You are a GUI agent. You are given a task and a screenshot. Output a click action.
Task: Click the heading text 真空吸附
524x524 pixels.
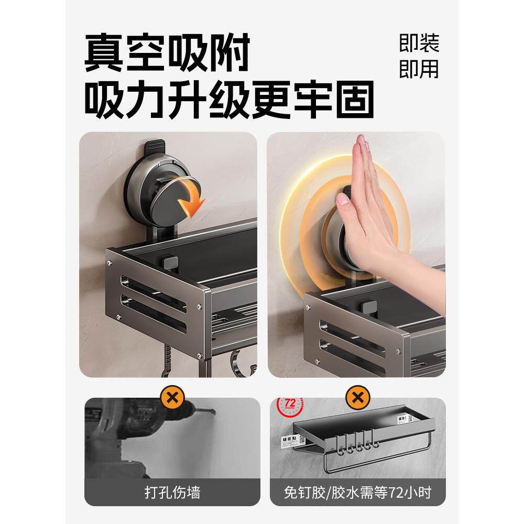tap(167, 52)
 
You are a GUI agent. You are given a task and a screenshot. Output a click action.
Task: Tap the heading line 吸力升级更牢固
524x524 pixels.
tap(230, 99)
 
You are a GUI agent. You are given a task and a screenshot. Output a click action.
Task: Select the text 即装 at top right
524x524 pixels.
tap(419, 43)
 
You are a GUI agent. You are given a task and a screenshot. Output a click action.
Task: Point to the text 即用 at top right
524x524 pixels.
tap(419, 69)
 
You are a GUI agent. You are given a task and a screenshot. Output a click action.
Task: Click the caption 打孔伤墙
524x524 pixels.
tap(172, 493)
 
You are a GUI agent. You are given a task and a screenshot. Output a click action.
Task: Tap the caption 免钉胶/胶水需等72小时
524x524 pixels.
tap(357, 493)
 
